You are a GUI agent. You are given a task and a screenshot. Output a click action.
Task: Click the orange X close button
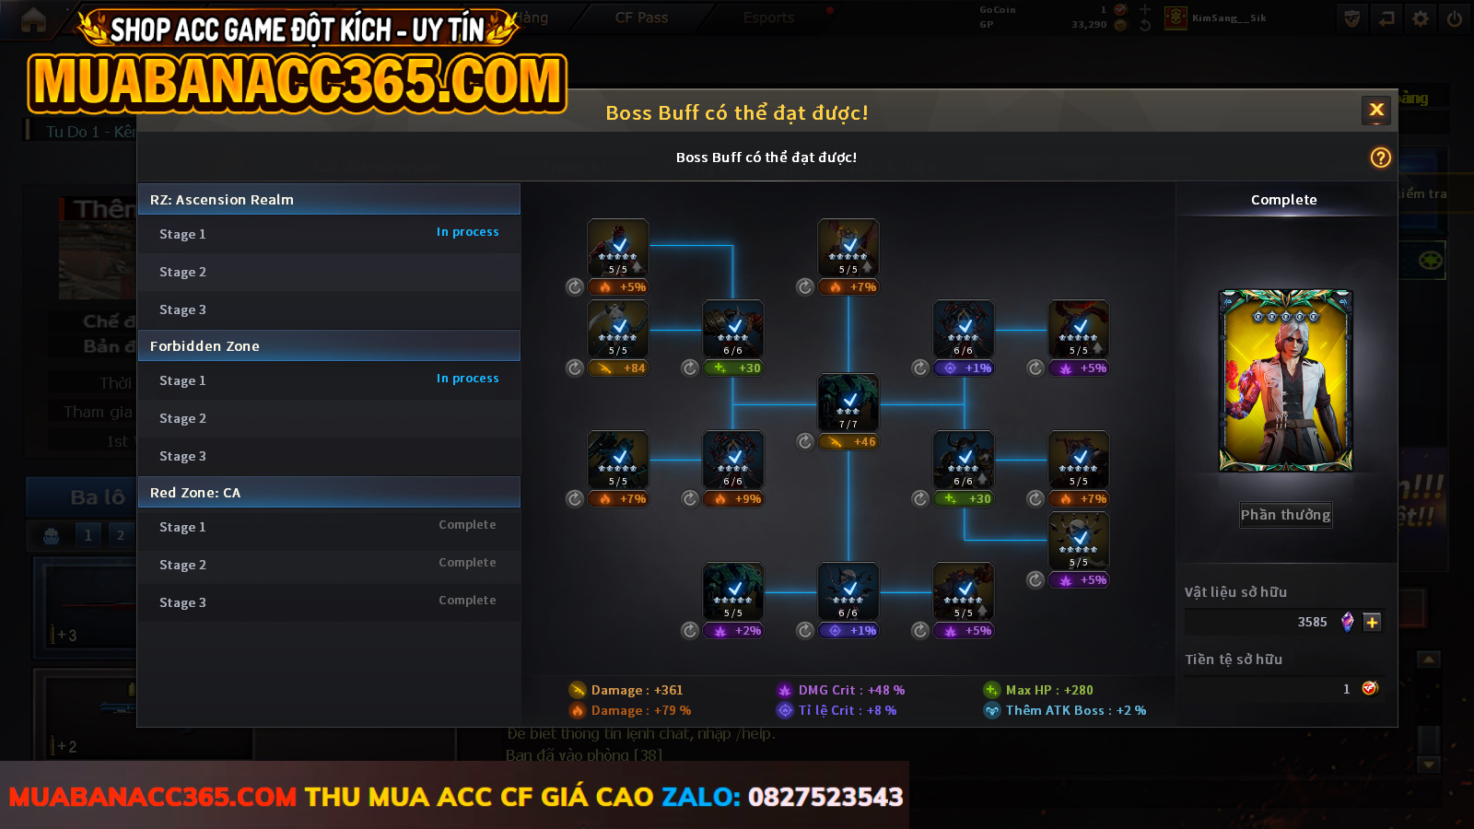pos(1376,111)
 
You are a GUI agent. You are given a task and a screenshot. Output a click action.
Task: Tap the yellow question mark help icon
pos(1380,158)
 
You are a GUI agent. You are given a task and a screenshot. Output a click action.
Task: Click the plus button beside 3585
pos(1372,622)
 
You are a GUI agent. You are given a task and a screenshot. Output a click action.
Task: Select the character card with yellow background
pos(1285,380)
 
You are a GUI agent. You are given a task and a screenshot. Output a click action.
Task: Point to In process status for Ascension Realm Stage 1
pos(467,232)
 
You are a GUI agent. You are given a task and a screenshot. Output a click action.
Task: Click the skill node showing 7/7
pos(848,403)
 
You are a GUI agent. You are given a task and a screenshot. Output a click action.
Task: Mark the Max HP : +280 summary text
pos(1048,690)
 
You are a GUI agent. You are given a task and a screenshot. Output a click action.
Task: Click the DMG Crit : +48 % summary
pos(850,690)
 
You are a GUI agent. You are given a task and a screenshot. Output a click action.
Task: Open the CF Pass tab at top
pos(641,18)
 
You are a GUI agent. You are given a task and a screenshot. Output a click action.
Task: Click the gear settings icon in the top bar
pos(1421,18)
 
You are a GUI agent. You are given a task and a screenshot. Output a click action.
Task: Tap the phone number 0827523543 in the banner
pos(825,797)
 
